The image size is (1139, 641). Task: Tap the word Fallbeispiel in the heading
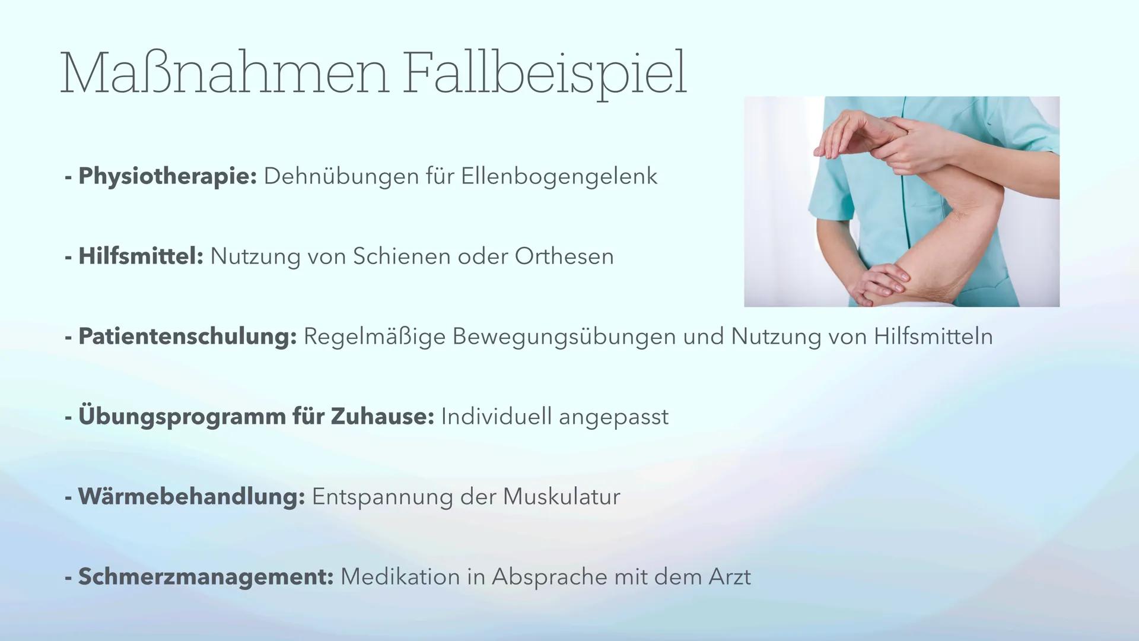click(x=544, y=75)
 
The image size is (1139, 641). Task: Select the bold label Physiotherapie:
click(x=168, y=176)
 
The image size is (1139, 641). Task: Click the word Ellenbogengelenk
click(x=559, y=176)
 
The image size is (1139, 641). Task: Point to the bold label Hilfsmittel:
click(x=141, y=256)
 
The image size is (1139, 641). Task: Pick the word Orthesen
click(x=564, y=256)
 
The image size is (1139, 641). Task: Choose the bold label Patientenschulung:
click(x=187, y=337)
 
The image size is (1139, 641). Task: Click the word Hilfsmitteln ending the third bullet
click(x=933, y=337)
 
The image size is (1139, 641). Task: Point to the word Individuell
click(x=496, y=417)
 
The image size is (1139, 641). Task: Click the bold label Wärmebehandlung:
click(x=191, y=497)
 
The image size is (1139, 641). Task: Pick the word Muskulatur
click(x=561, y=497)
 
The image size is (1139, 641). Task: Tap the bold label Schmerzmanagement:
click(x=206, y=577)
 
